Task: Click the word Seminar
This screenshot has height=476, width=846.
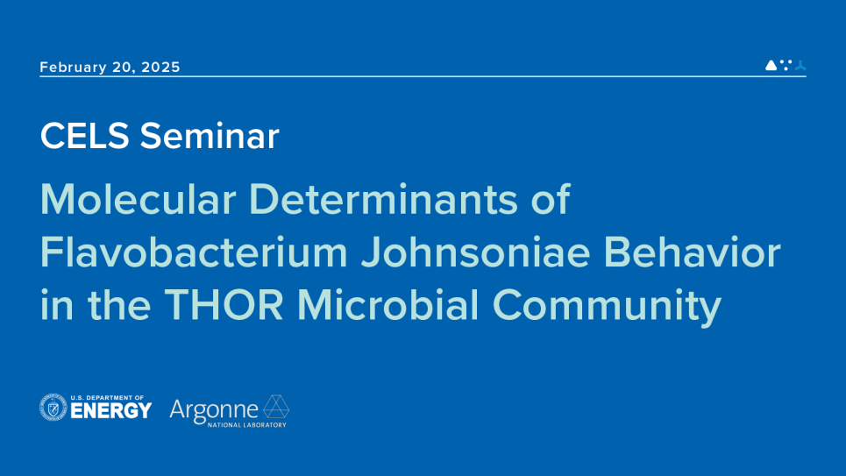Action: click(210, 136)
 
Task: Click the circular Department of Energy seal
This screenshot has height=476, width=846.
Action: click(53, 408)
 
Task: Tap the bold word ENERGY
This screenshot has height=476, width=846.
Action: click(111, 411)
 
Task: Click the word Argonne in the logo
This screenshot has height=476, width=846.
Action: click(214, 409)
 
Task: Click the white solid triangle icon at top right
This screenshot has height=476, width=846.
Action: click(771, 66)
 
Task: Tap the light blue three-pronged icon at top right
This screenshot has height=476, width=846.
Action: click(800, 66)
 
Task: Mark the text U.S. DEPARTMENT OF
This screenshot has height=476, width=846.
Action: click(108, 397)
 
